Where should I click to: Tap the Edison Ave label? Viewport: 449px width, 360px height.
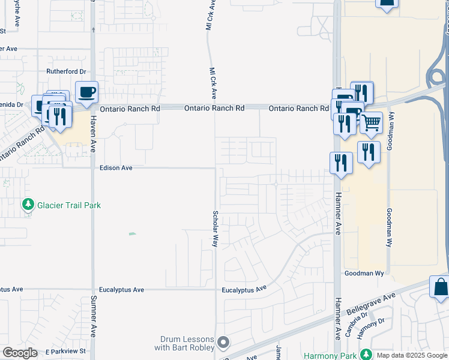coord(116,168)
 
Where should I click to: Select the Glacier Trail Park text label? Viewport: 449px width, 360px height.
coord(69,205)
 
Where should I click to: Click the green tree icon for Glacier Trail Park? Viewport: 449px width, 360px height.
coord(28,205)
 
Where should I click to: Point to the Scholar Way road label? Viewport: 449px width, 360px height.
coord(215,228)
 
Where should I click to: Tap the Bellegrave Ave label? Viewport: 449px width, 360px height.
coord(371,305)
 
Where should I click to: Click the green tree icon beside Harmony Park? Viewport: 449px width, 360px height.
coord(364,355)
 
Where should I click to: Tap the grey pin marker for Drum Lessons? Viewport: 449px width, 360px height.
coord(223,343)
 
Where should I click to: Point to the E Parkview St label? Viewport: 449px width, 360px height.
coord(65,350)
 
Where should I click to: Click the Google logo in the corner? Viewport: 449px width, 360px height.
coord(20,353)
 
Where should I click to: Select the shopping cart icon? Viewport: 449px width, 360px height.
coord(371,123)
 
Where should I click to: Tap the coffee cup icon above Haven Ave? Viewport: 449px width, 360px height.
coord(87,92)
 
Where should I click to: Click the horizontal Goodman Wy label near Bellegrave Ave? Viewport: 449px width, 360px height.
coord(364,273)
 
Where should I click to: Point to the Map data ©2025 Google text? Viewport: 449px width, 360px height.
coord(411,355)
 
